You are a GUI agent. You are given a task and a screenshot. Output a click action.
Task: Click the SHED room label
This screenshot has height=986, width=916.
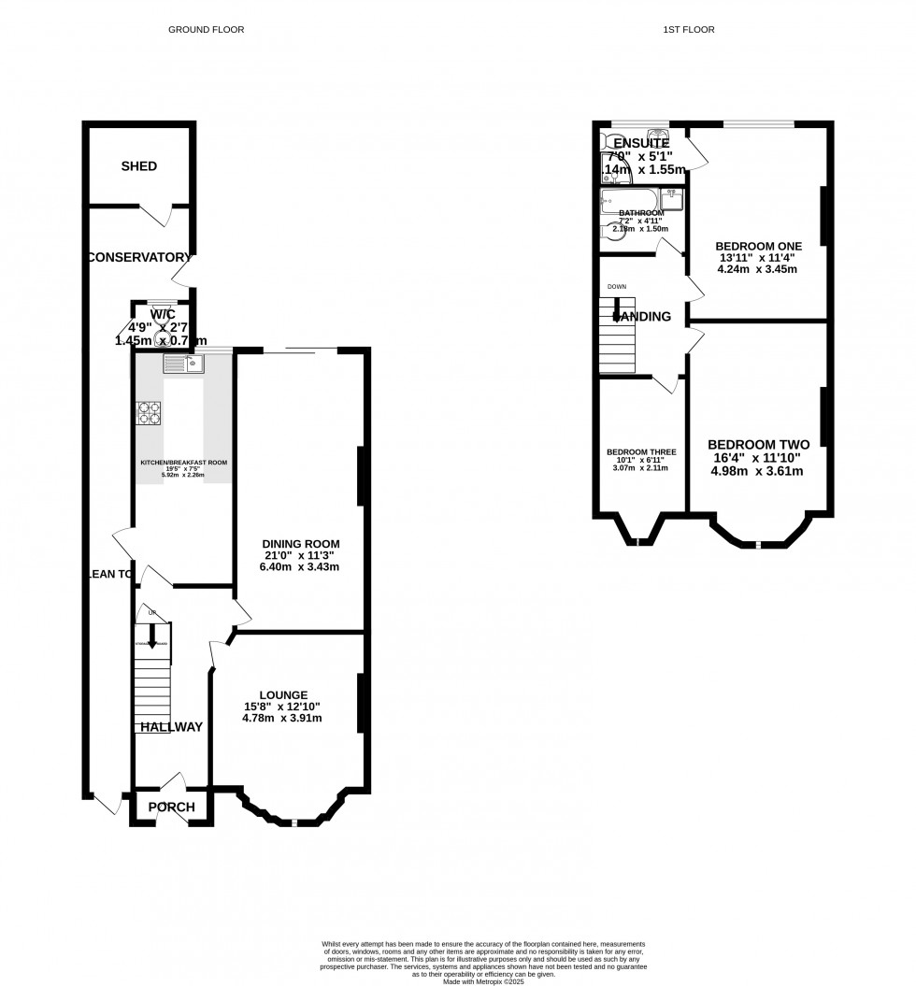[x=138, y=166]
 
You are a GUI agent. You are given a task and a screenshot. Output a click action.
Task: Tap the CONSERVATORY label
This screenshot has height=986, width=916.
[x=140, y=257]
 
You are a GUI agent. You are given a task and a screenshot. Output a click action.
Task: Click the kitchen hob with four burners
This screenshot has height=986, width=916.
[x=150, y=413]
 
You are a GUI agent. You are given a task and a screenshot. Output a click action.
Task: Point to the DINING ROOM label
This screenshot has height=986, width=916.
[x=300, y=544]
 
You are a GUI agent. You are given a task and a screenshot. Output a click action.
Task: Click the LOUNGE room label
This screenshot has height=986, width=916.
[x=283, y=695]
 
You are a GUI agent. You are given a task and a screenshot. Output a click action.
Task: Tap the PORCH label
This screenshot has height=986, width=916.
[x=172, y=807]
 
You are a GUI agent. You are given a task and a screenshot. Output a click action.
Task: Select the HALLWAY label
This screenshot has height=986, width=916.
[x=171, y=726]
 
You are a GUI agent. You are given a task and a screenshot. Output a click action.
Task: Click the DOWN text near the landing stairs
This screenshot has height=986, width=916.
[x=617, y=287]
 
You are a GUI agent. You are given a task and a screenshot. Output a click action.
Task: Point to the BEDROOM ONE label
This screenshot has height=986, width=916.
[x=758, y=246]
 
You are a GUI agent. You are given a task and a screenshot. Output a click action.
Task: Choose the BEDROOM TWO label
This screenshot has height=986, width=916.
[x=758, y=445]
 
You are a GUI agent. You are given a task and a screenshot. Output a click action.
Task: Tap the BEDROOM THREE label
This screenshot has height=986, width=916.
[x=641, y=452]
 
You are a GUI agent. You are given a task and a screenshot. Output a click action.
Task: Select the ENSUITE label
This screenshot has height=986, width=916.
[x=642, y=143]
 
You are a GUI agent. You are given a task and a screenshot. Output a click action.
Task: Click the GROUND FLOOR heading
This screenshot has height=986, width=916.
[x=206, y=30]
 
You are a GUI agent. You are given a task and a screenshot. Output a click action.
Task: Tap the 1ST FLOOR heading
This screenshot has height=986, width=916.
[x=689, y=30]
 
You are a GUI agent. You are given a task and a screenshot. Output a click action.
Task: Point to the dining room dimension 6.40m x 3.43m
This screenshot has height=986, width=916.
[x=300, y=566]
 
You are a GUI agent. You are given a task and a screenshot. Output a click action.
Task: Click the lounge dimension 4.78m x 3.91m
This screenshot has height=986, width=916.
[x=283, y=718]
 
